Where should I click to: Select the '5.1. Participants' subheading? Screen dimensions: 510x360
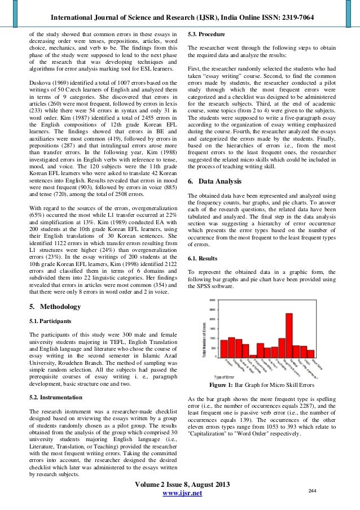click(50, 321)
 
